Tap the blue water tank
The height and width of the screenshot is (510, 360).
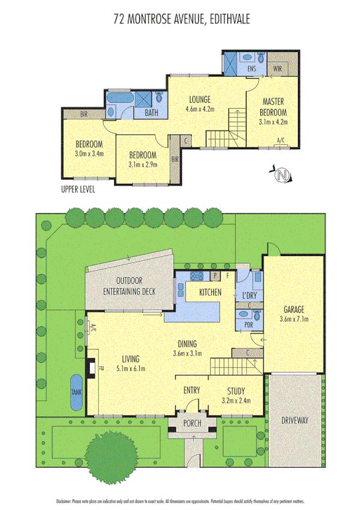(x=76, y=393)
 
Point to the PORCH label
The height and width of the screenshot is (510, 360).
(x=192, y=423)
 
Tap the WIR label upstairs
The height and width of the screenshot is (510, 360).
(x=277, y=69)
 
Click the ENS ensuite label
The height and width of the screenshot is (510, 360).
(x=252, y=69)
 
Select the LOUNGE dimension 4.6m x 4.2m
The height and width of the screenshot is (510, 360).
(x=198, y=109)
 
